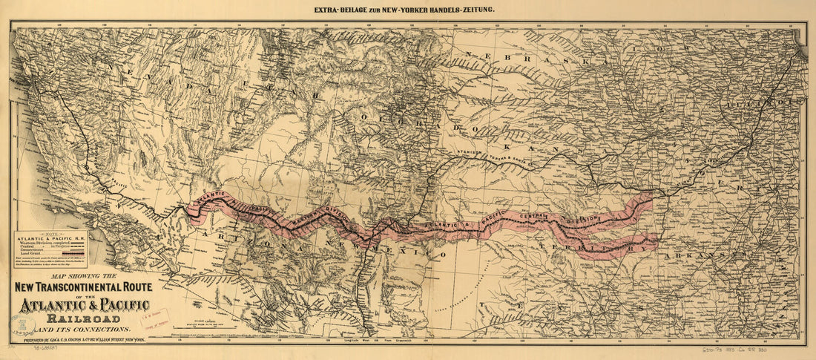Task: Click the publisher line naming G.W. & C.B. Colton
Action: click(93, 339)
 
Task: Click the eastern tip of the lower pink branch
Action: click(657, 240)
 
